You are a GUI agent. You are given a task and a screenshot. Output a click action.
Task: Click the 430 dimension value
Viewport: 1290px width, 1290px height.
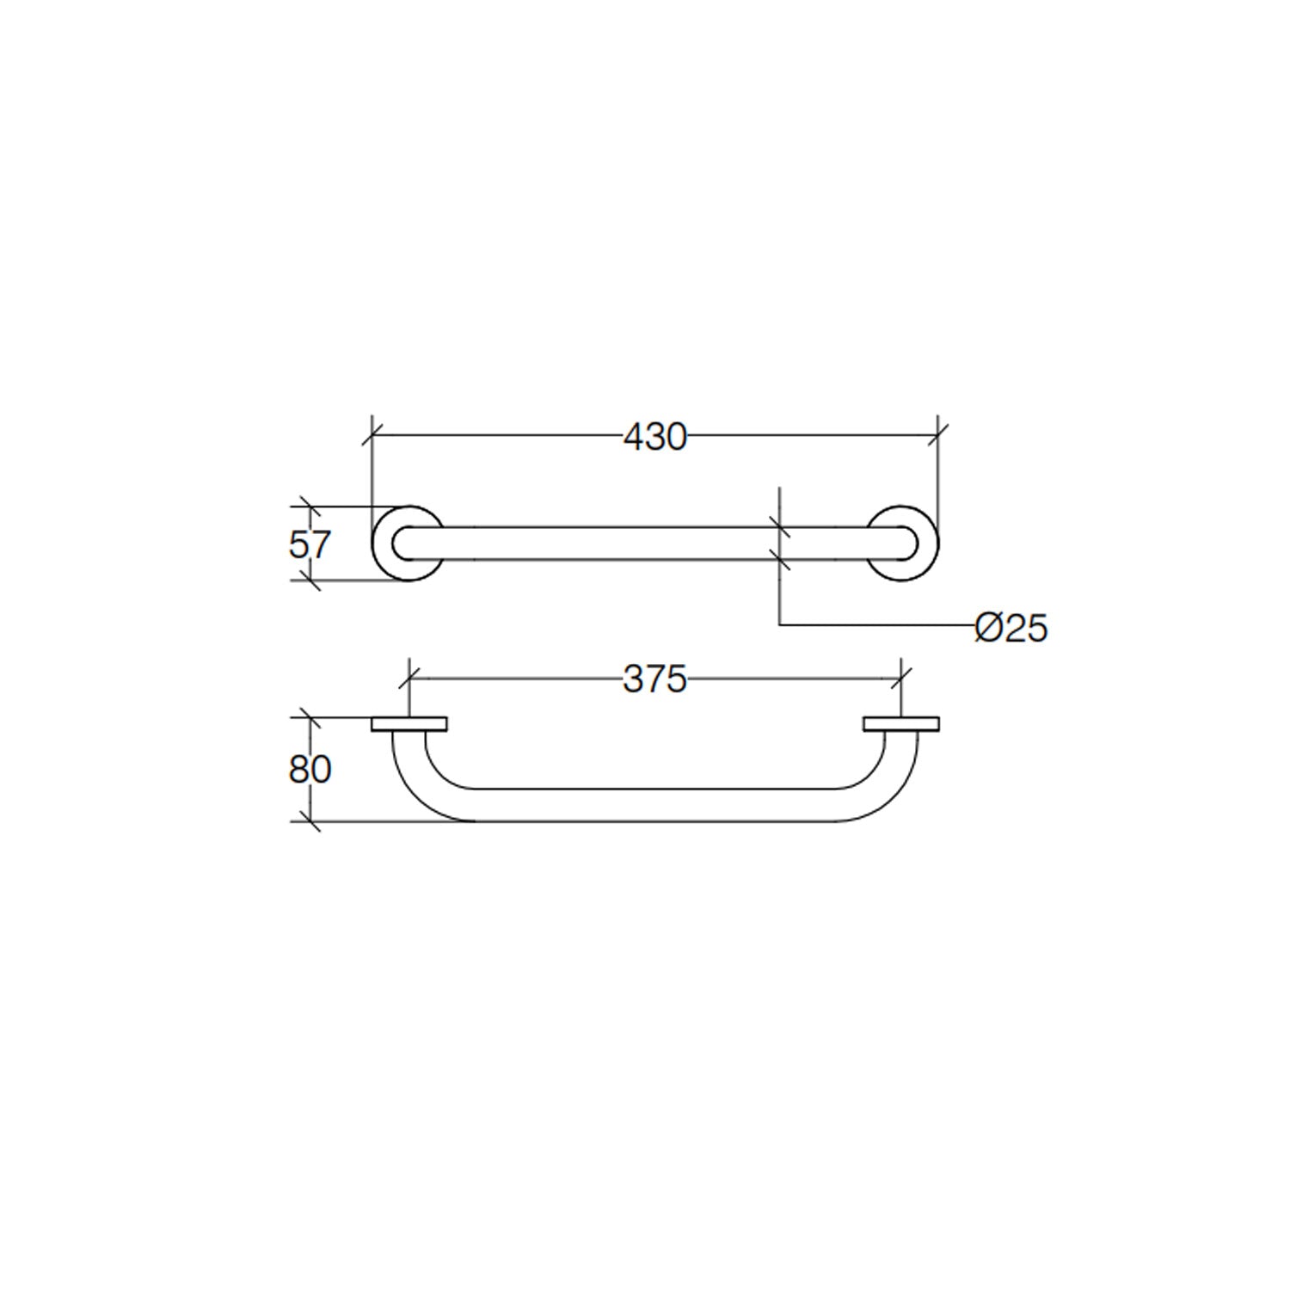655,437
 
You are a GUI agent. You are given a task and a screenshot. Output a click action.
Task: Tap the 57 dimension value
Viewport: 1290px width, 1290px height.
310,544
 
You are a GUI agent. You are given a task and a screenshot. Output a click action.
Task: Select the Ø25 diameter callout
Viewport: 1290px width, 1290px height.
1011,628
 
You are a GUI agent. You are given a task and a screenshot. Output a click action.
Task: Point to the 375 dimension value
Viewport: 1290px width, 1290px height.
655,679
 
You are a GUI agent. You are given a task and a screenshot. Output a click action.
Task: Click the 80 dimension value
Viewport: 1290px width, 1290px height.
310,769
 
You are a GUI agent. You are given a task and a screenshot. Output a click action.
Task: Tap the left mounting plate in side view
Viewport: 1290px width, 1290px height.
409,724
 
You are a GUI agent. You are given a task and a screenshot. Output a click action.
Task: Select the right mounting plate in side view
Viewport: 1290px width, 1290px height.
901,724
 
